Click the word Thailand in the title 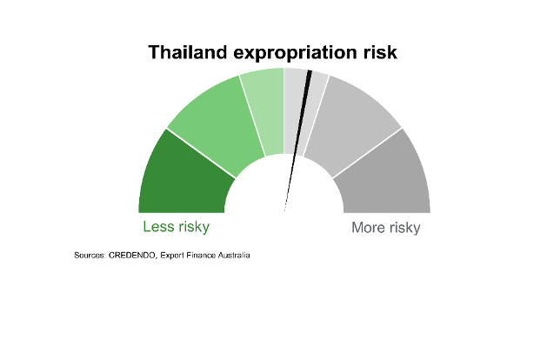click(x=188, y=52)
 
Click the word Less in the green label click(x=159, y=226)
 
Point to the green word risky click(x=194, y=227)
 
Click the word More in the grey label click(x=369, y=228)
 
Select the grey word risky click(x=404, y=228)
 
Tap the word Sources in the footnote click(x=90, y=256)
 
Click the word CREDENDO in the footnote click(x=132, y=256)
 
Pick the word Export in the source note click(x=172, y=256)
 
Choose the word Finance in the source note click(x=201, y=256)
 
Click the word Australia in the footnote click(x=234, y=256)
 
